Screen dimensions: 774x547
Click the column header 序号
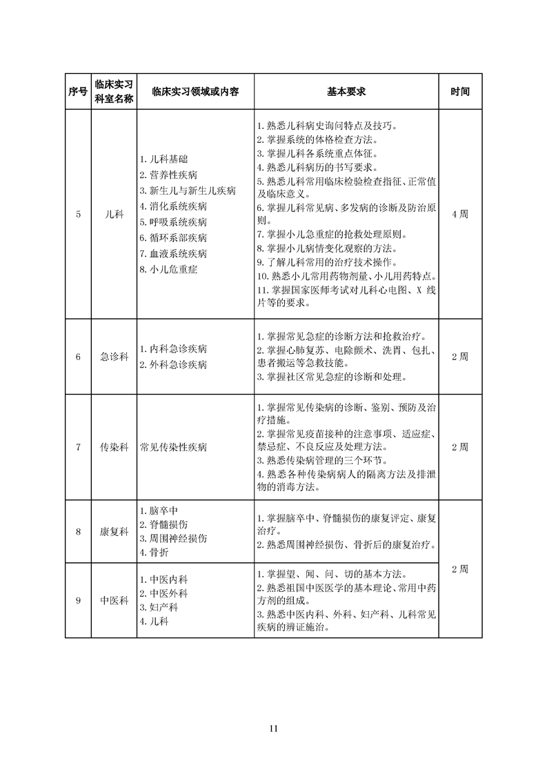pos(78,92)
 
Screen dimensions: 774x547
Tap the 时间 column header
pos(459,92)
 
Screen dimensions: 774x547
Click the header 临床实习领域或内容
pos(195,92)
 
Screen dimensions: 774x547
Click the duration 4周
pos(459,215)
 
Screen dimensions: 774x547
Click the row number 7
pos(78,447)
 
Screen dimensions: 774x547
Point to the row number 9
pos(78,600)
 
